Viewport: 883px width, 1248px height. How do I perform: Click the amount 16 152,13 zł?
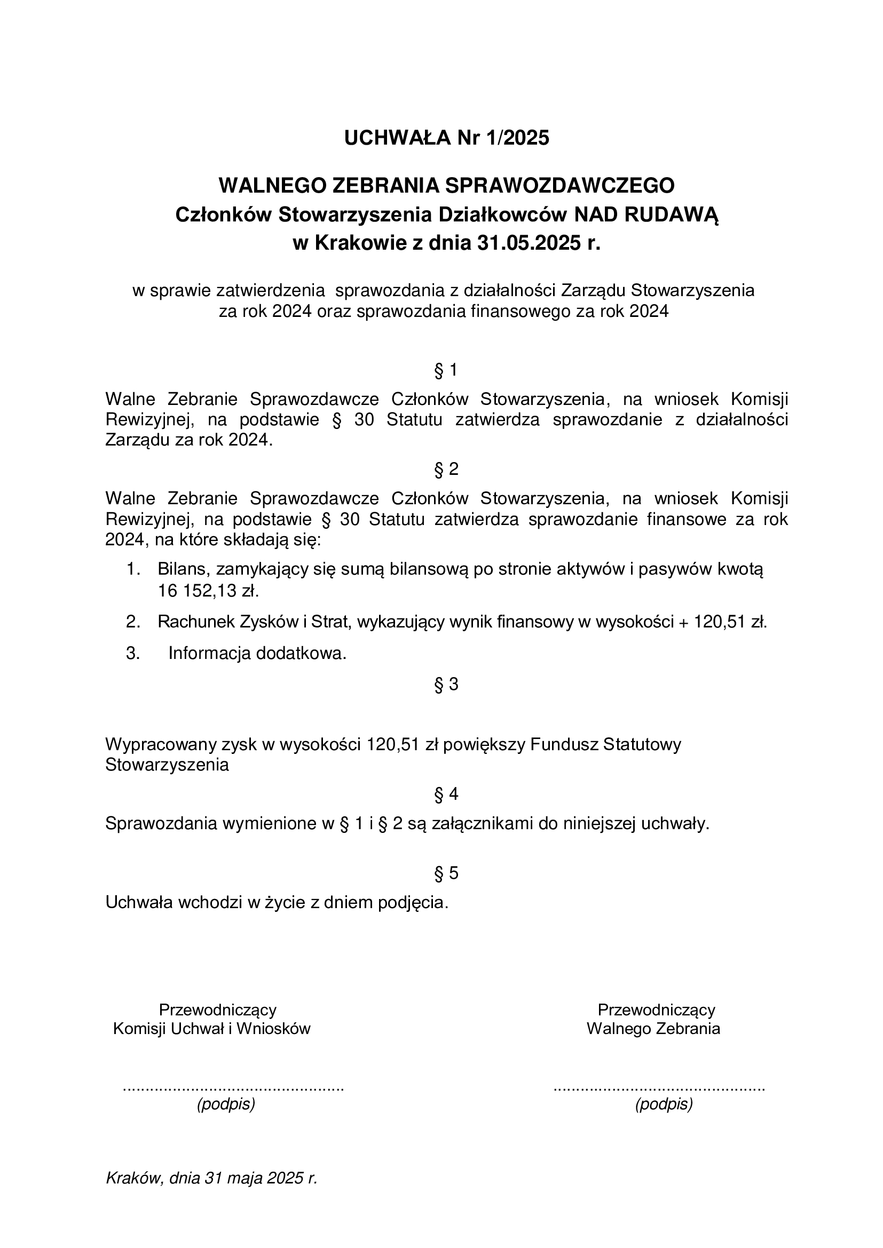tap(208, 591)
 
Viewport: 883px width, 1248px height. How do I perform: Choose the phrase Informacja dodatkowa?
tap(257, 654)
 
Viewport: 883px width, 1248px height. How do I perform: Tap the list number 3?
tap(133, 654)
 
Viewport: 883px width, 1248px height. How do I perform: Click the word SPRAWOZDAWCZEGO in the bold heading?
tap(560, 186)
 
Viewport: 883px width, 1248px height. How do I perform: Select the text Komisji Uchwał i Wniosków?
tap(211, 1028)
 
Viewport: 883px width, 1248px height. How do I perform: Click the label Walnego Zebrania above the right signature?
tap(653, 1028)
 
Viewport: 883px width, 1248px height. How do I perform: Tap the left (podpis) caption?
tap(226, 1104)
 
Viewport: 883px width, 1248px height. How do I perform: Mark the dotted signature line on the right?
tap(659, 1089)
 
